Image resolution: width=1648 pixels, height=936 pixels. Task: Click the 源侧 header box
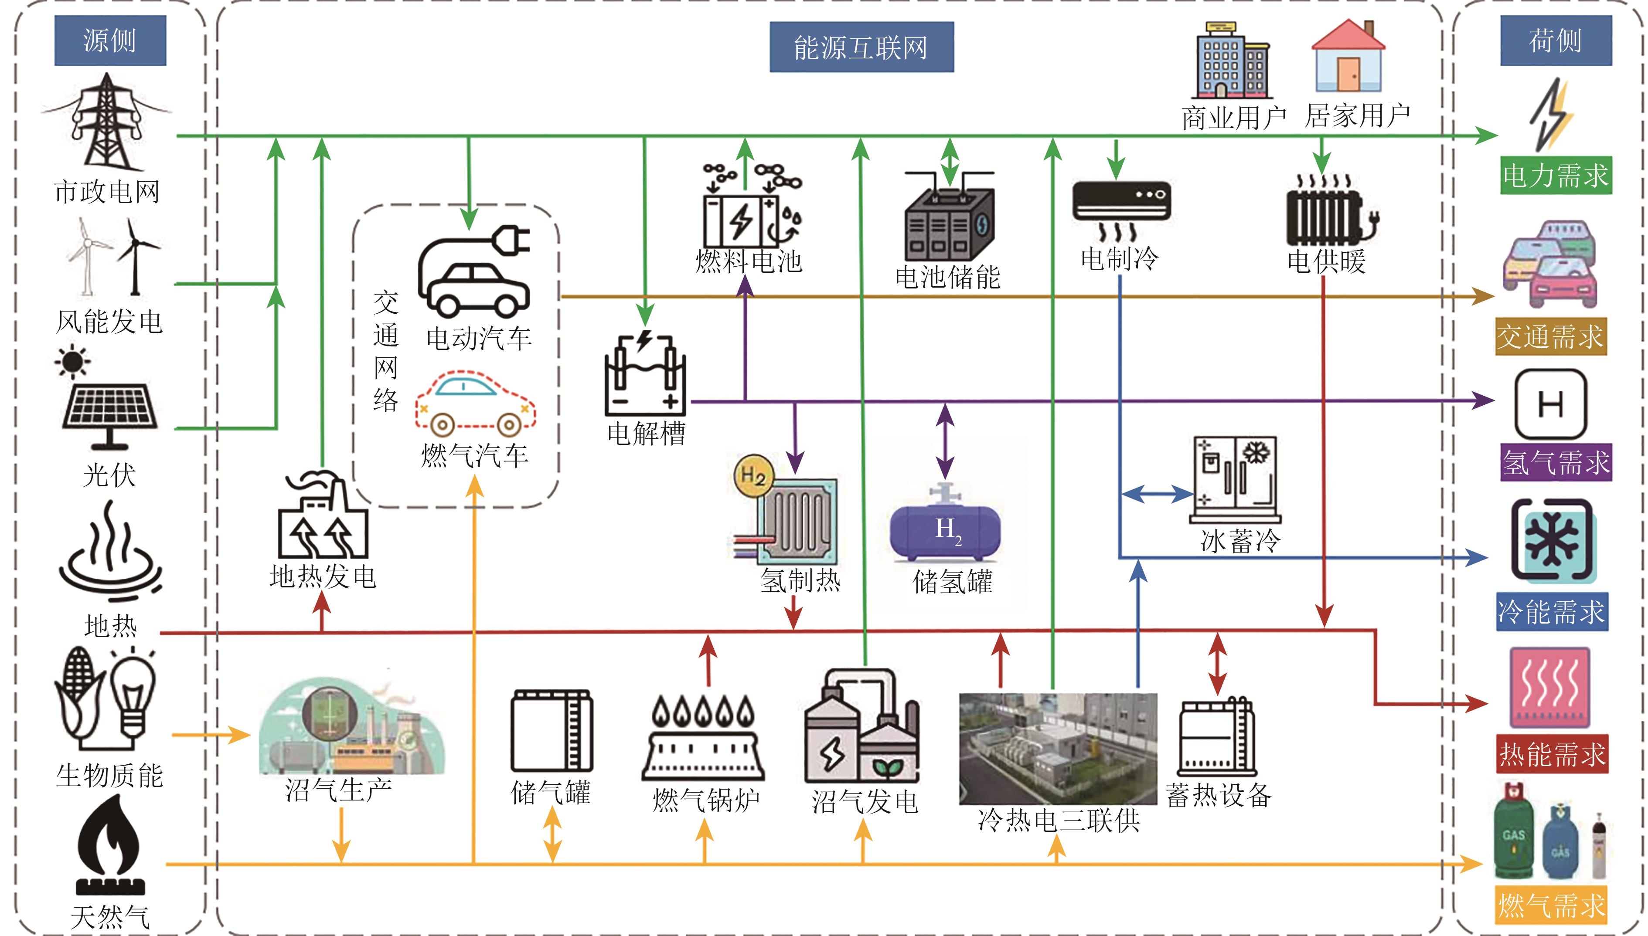coord(110,41)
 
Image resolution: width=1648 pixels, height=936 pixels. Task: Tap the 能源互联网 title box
coord(861,47)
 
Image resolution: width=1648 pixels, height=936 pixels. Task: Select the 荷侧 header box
coord(1556,41)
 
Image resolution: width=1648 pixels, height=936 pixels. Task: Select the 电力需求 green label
coord(1556,175)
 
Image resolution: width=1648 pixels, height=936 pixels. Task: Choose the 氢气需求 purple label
coord(1556,462)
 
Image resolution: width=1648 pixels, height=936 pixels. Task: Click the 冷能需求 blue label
coord(1551,611)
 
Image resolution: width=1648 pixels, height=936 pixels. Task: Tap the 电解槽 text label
coord(646,433)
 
